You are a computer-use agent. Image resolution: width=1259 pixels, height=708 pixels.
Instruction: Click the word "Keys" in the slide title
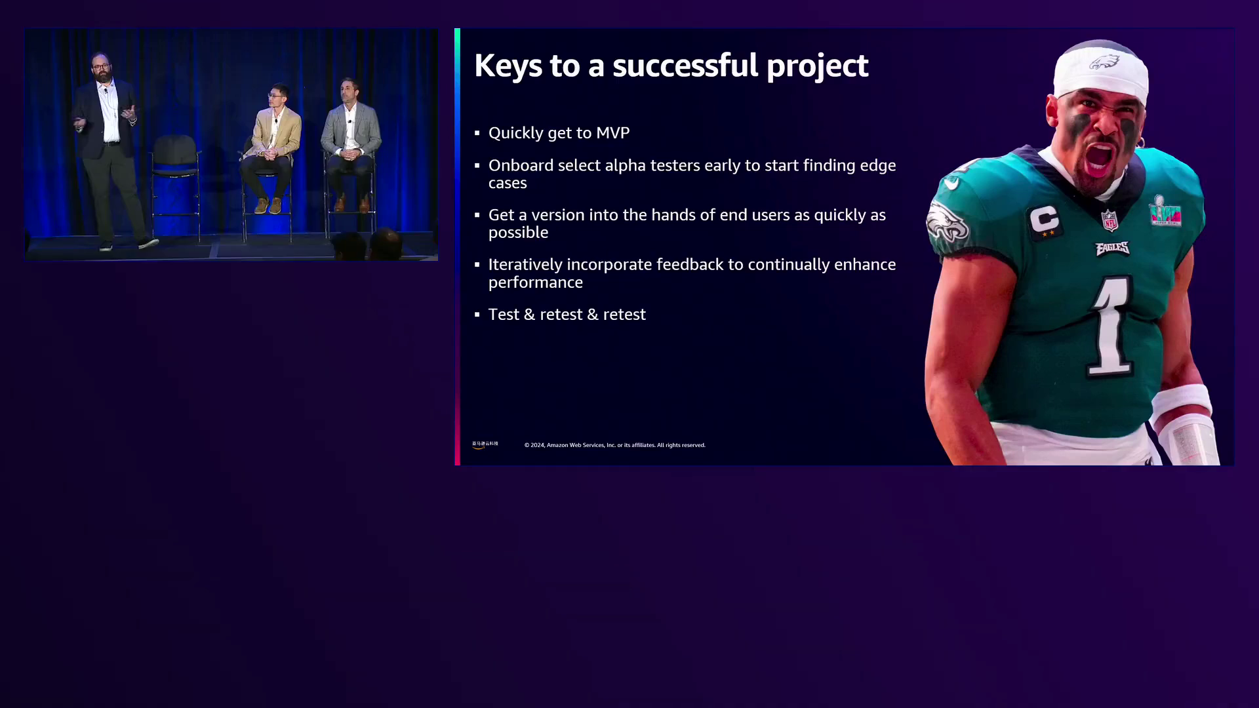(x=508, y=66)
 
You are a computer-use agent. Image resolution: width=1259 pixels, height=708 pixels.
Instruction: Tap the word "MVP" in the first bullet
(x=613, y=133)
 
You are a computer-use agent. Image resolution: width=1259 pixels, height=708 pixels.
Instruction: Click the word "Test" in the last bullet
(x=504, y=315)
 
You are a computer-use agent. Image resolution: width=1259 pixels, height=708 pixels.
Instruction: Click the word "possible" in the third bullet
(x=518, y=233)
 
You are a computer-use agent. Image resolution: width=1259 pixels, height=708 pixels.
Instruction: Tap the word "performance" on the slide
(x=536, y=283)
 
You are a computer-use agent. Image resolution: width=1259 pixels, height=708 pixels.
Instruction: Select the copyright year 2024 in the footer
(x=538, y=445)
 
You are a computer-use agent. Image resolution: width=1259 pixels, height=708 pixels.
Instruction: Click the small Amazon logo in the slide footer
(x=485, y=444)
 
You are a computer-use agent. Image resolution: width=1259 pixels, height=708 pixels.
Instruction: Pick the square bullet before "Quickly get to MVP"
(x=477, y=133)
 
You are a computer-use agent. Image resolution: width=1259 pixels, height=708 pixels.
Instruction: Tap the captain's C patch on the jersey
(x=1044, y=220)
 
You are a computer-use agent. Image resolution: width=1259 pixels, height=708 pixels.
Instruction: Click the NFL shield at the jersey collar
(x=1109, y=220)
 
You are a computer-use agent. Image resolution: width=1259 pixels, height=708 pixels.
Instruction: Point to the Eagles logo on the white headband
(x=1104, y=62)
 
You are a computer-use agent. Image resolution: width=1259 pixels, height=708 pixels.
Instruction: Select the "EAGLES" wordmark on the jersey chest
(x=1112, y=248)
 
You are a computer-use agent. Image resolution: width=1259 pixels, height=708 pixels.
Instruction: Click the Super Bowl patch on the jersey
(x=1165, y=211)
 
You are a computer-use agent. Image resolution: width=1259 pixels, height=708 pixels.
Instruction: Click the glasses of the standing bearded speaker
(x=101, y=67)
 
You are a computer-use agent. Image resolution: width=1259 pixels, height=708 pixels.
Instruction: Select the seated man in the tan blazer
(x=271, y=149)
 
